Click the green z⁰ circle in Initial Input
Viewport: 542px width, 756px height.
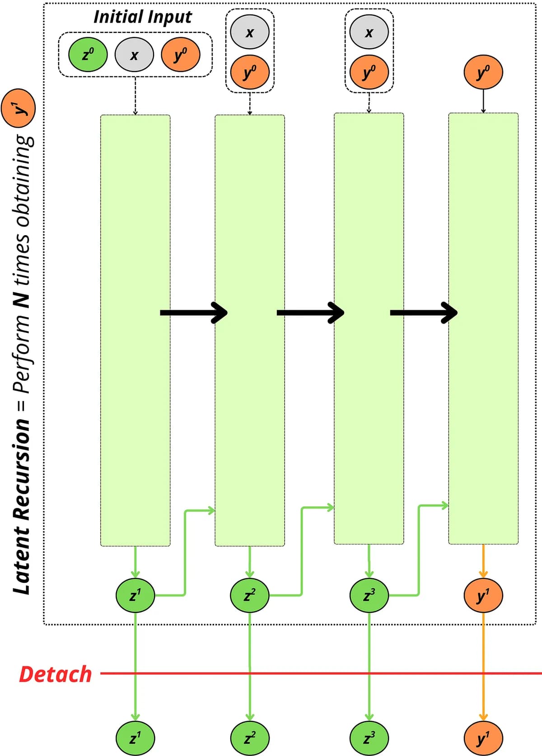(x=88, y=54)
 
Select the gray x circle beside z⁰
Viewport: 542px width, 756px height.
(x=134, y=54)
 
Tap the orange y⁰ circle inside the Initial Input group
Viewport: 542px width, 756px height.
(x=181, y=54)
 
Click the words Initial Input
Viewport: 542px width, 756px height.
(x=143, y=17)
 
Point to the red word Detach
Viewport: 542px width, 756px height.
(x=55, y=674)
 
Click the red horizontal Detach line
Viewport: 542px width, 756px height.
(x=321, y=673)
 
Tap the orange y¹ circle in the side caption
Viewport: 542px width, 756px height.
(x=18, y=109)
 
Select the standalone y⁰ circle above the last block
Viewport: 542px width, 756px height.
(x=483, y=72)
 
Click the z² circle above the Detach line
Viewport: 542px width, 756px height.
(x=250, y=595)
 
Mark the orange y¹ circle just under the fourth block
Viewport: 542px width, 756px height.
(x=483, y=595)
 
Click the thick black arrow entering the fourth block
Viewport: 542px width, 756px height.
(x=424, y=313)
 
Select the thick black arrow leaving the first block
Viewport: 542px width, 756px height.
(x=194, y=313)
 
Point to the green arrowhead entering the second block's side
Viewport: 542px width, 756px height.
(x=211, y=510)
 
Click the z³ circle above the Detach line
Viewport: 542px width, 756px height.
(x=369, y=595)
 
